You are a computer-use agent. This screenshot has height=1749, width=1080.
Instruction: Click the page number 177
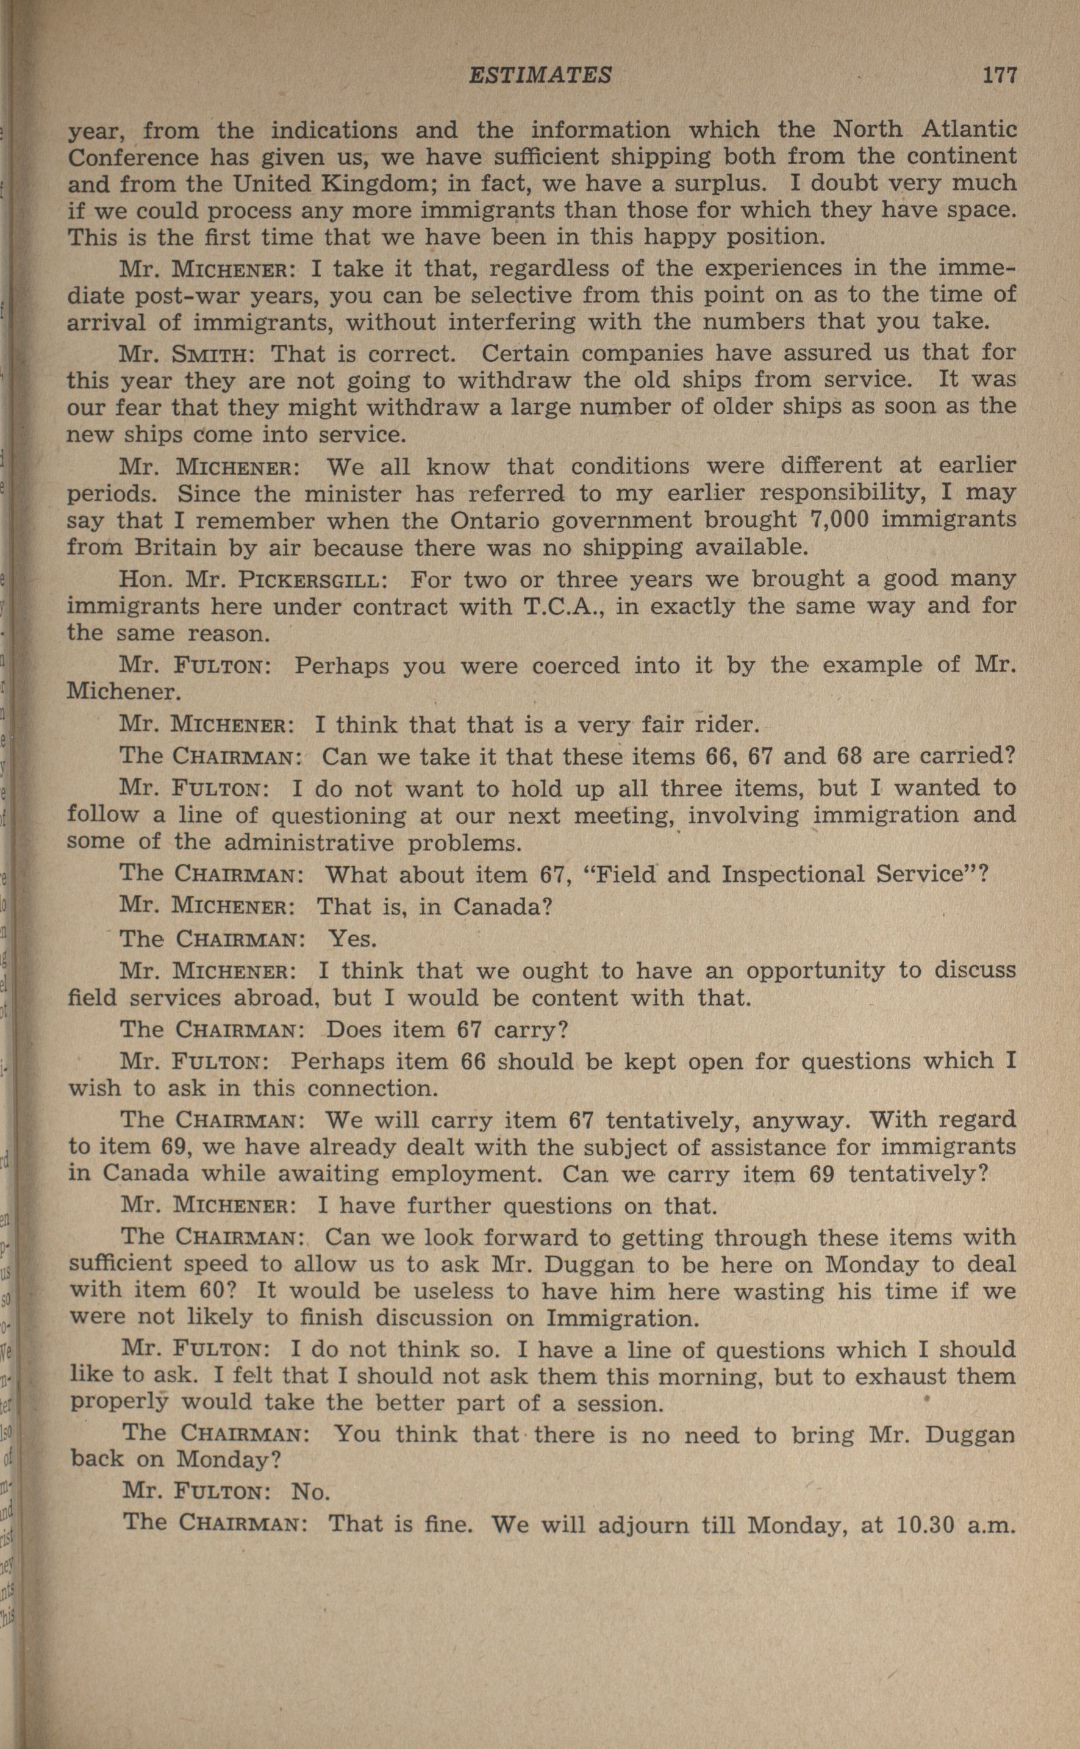coord(998,75)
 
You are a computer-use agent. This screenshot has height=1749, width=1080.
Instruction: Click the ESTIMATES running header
coord(540,75)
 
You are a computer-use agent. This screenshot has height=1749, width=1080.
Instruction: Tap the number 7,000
coord(839,519)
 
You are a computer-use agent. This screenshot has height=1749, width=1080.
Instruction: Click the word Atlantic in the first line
coord(969,129)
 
